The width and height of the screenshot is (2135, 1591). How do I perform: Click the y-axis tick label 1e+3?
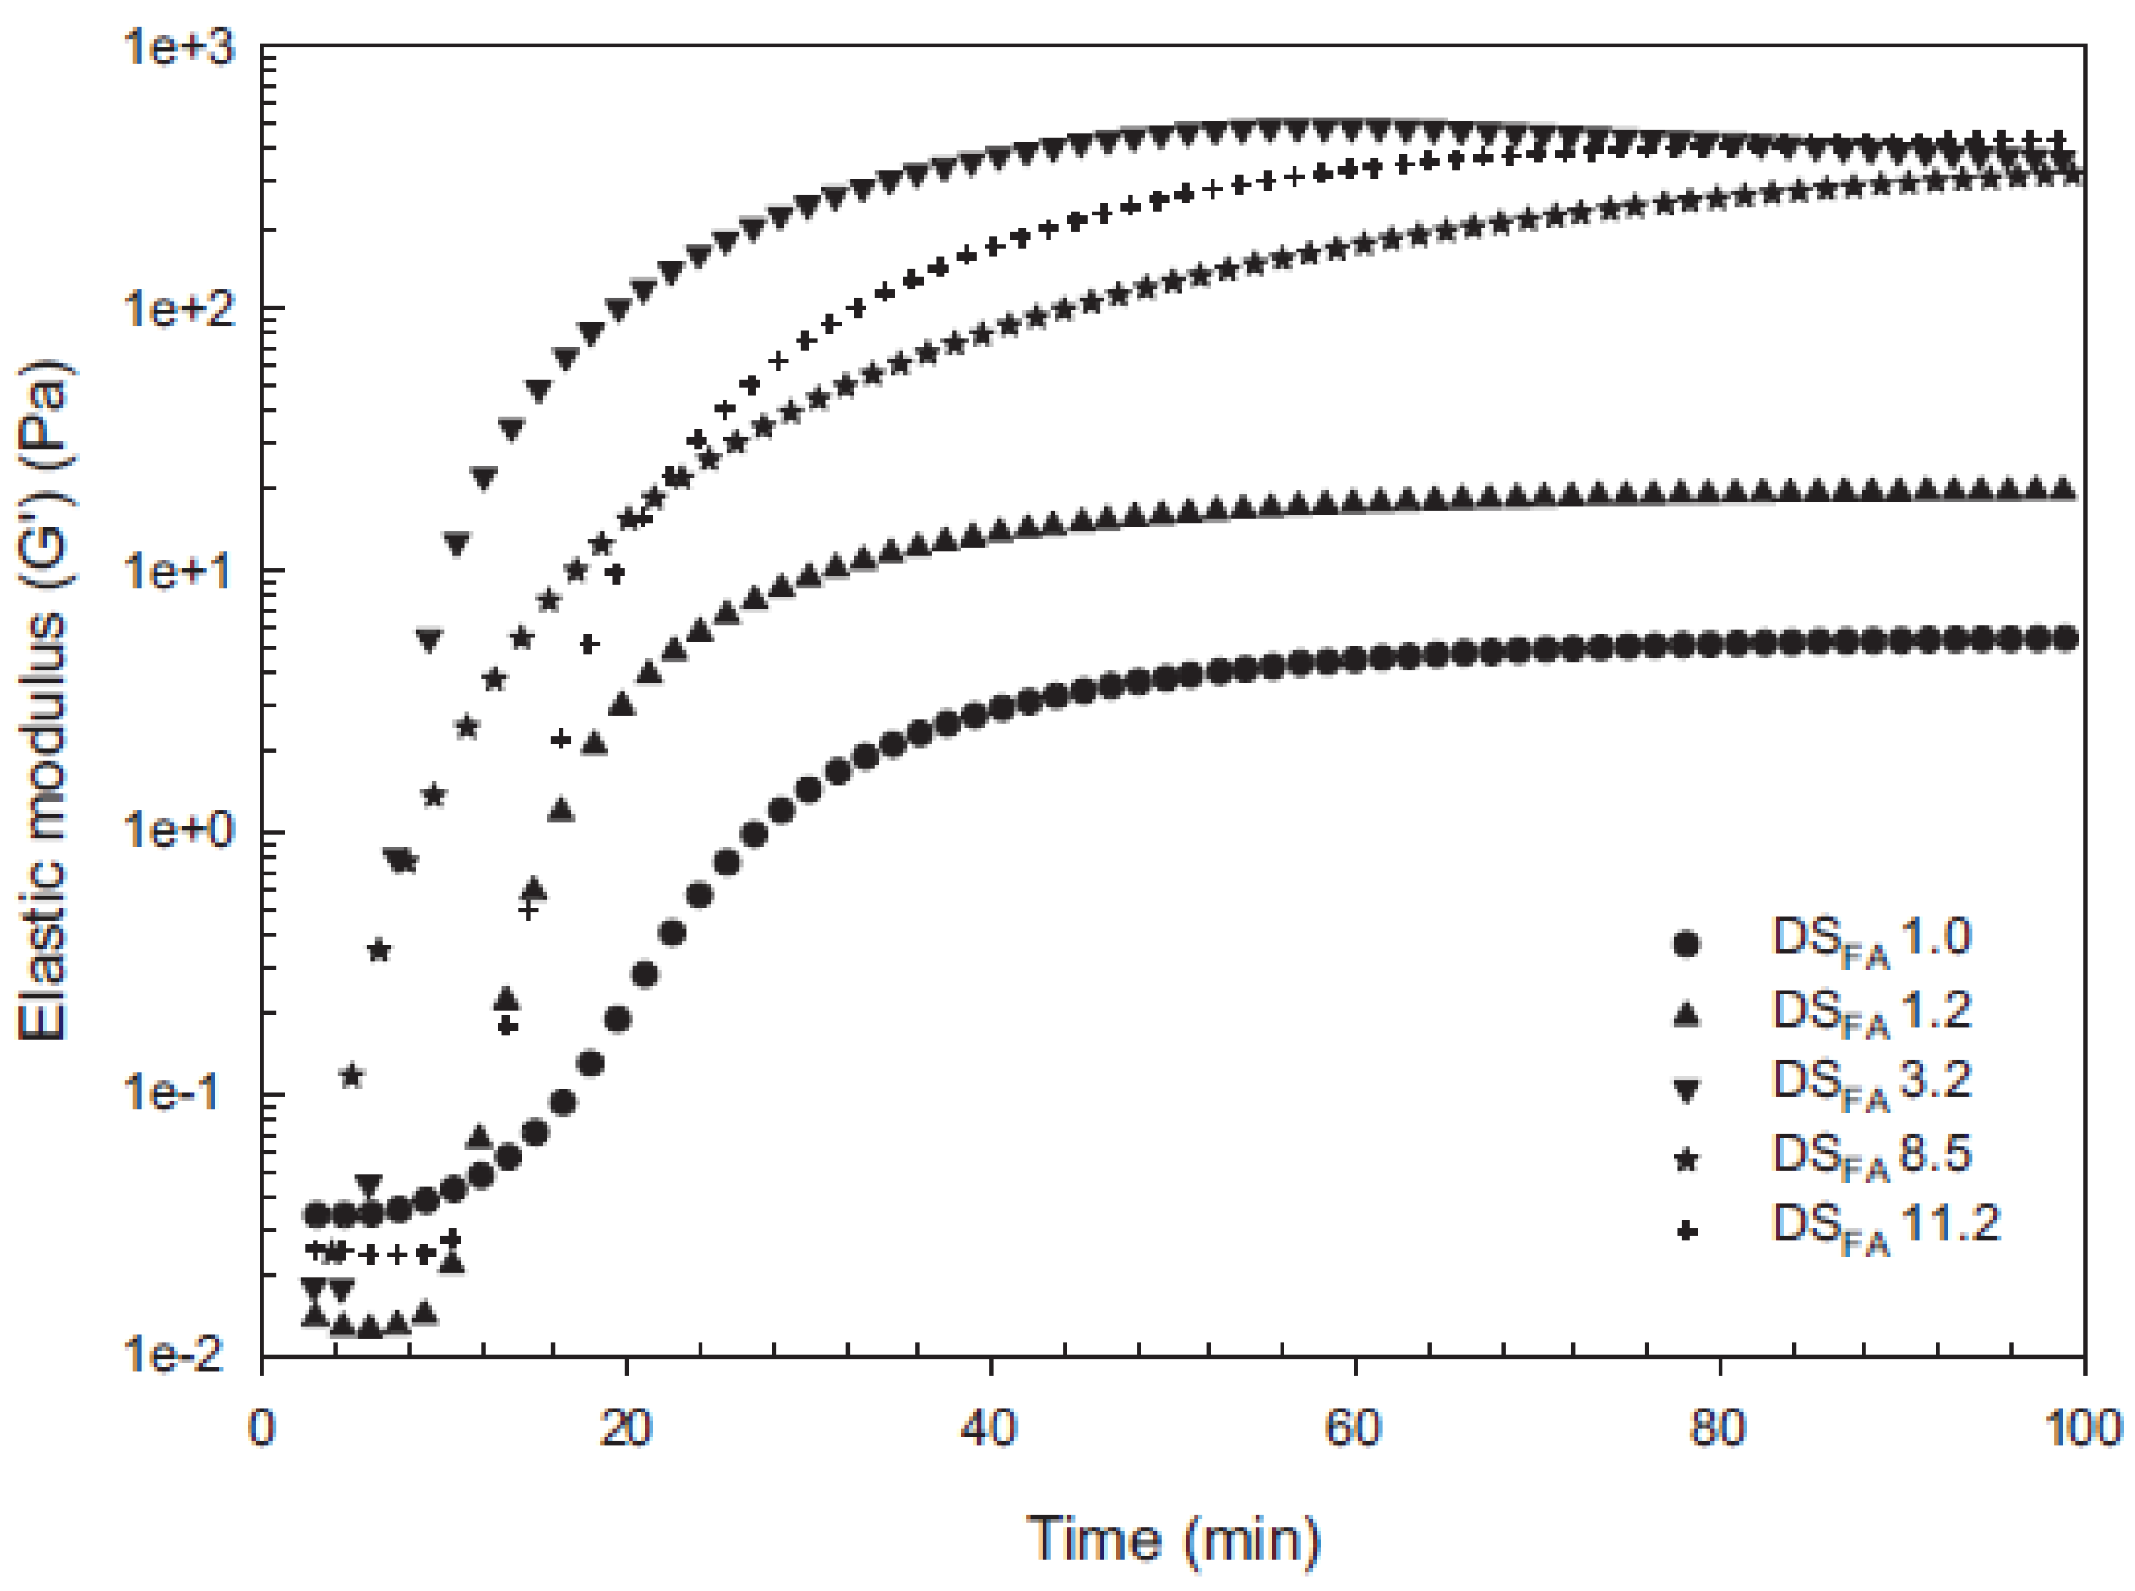click(179, 48)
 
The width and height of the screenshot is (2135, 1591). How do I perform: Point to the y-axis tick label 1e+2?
click(179, 310)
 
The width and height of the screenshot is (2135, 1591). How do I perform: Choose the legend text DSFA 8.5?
click(1872, 1155)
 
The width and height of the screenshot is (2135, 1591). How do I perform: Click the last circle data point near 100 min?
click(2063, 639)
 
